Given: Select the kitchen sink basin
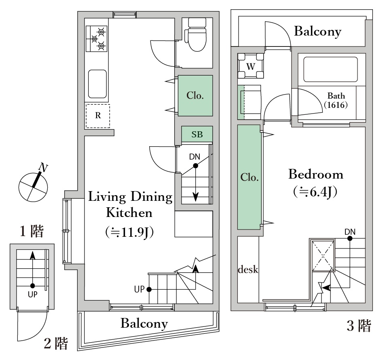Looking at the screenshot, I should (x=97, y=84).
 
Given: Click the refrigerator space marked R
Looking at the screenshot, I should (x=97, y=116).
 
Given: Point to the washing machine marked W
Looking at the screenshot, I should (x=251, y=66).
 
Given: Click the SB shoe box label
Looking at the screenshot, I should (x=197, y=135).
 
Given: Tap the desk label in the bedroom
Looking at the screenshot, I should (x=248, y=269).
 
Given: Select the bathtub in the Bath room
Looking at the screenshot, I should (x=330, y=70).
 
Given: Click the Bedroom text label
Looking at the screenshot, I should (x=315, y=175).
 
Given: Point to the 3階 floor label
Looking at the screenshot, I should (x=359, y=326).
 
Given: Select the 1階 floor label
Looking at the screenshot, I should (x=32, y=232).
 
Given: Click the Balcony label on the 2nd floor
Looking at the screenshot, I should (x=144, y=323).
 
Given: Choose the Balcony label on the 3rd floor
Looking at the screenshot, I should (x=317, y=31).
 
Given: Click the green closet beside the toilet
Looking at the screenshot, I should (x=195, y=96).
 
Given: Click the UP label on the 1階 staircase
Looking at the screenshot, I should (x=32, y=294).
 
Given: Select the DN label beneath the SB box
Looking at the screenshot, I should (x=195, y=157).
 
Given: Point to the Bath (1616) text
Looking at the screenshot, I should (x=336, y=100).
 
